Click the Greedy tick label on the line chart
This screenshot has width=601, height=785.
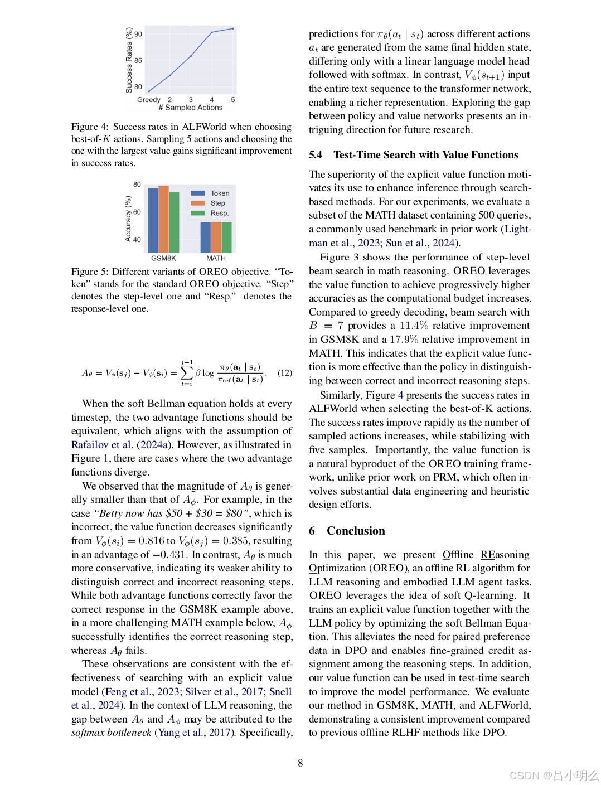coord(148,100)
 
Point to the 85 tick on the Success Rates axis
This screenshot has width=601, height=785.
coord(138,60)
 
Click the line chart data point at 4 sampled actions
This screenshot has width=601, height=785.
coord(212,32)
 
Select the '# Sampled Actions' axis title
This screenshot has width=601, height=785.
coord(191,108)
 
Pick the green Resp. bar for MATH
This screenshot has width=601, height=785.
coord(227,238)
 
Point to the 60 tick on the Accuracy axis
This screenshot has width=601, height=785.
coord(137,212)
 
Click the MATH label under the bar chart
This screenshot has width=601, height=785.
coord(216,258)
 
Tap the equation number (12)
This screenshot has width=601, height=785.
coord(285,373)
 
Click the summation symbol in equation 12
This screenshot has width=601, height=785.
coord(187,372)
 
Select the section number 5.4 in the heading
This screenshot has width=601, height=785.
coord(316,155)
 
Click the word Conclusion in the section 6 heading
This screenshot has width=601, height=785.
coord(356,531)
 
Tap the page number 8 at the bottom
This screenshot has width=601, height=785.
coord(300,763)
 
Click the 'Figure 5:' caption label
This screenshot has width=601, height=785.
coord(90,272)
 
